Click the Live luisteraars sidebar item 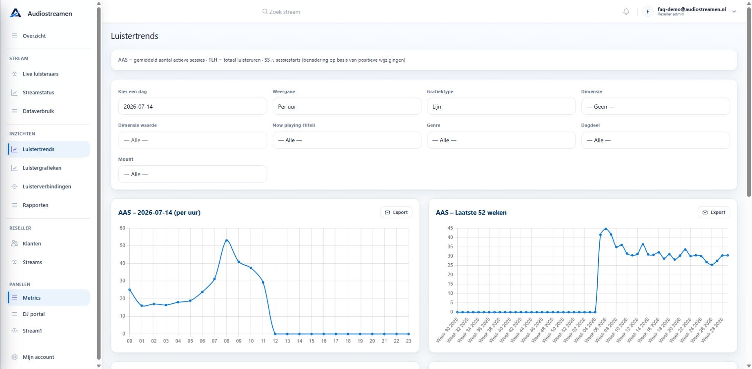40,74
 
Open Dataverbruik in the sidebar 38,111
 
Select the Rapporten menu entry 36,205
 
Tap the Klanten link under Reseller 32,244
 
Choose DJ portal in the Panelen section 34,314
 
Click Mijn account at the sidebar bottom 38,357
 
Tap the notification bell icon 626,11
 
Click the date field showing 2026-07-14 192,107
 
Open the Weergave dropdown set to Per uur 347,107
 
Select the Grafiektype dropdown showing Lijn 501,107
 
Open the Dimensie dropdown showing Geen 655,107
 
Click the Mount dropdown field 192,174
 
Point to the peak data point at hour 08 227,240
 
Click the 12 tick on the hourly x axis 275,341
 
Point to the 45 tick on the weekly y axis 450,228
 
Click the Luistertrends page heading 134,36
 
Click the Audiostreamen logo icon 16,13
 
